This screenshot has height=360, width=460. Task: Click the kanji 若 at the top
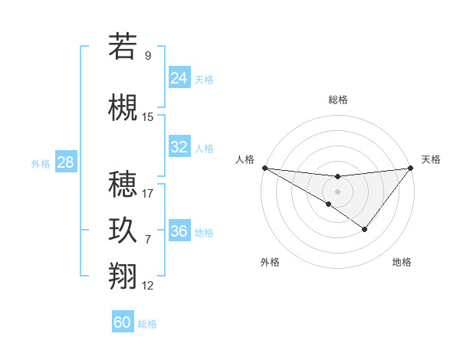[x=123, y=47]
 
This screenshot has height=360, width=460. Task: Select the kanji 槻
[x=123, y=108]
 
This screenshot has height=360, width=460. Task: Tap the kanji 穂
[x=123, y=185]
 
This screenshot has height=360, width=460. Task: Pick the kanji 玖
[x=123, y=231]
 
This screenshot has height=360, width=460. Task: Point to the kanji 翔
[x=123, y=277]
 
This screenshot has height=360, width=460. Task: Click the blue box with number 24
[x=179, y=77]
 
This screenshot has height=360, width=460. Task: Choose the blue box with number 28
[x=64, y=162]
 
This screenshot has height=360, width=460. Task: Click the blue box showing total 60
[x=123, y=322]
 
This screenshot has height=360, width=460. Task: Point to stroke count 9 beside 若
[x=148, y=55]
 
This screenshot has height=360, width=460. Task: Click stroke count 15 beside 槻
[x=148, y=116]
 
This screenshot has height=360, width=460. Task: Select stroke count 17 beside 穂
[x=148, y=193]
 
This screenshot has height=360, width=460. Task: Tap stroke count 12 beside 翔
[x=148, y=286]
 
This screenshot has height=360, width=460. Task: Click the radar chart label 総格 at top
[x=337, y=100]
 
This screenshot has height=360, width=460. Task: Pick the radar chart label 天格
[x=431, y=159]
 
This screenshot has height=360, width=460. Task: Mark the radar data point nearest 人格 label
[x=264, y=168]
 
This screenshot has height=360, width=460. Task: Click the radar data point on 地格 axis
[x=365, y=229]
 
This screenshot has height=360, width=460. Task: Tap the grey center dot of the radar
[x=337, y=191]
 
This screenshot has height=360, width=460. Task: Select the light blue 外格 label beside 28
[x=41, y=163]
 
